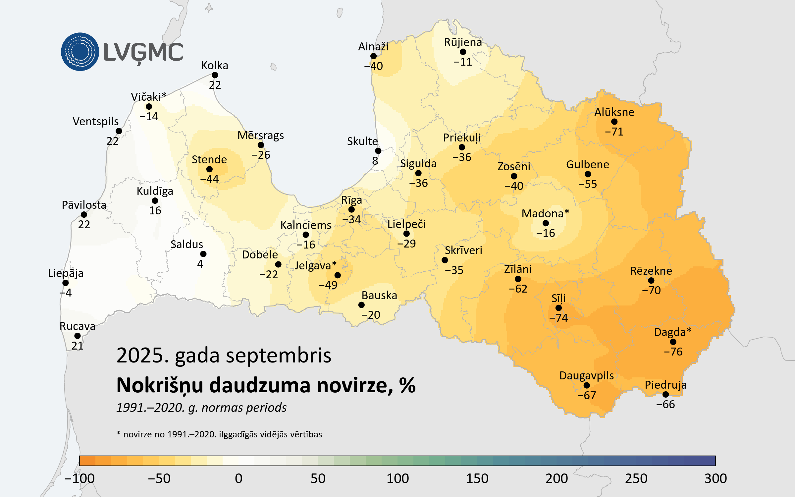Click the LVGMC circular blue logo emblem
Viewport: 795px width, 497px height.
tap(80, 52)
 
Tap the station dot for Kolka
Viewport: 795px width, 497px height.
tap(215, 75)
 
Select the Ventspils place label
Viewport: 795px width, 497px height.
tap(95, 122)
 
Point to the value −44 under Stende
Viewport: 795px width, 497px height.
tap(209, 179)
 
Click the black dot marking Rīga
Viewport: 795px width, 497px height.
tap(351, 209)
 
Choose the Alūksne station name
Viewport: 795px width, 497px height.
tap(614, 112)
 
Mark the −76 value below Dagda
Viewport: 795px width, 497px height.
tap(673, 352)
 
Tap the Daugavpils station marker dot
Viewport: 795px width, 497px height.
tap(587, 385)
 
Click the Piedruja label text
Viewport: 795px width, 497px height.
tap(665, 385)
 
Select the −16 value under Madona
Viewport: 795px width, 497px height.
tap(546, 233)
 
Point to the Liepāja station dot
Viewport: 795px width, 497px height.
tap(66, 283)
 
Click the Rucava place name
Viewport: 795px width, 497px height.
tap(77, 326)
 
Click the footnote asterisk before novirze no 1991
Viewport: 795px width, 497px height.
tap(118, 433)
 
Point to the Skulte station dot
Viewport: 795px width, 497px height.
tap(378, 151)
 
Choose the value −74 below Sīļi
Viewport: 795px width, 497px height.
tap(558, 318)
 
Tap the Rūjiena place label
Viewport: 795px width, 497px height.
tap(463, 42)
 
